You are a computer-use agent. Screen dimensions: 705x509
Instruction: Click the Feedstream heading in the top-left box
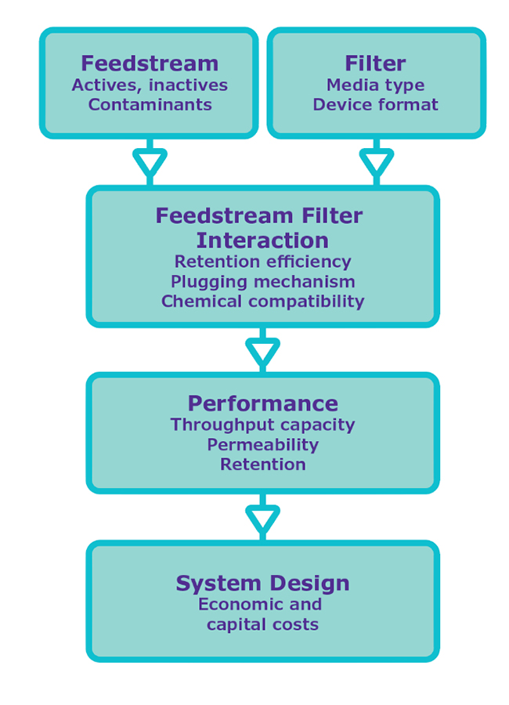pyautogui.click(x=150, y=63)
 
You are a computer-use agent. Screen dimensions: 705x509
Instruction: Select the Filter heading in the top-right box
pyautogui.click(x=375, y=63)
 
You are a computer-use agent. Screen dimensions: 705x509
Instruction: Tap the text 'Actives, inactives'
pyautogui.click(x=150, y=85)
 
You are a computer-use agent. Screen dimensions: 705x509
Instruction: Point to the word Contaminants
pyautogui.click(x=150, y=105)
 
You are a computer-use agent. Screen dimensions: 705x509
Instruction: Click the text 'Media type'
pyautogui.click(x=375, y=85)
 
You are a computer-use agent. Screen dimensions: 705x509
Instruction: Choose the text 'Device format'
pyautogui.click(x=375, y=105)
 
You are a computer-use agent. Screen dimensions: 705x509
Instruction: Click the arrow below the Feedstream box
pyautogui.click(x=150, y=162)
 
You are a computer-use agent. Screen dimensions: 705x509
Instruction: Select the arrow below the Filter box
pyautogui.click(x=376, y=162)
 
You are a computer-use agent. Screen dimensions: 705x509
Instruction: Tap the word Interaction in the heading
pyautogui.click(x=262, y=240)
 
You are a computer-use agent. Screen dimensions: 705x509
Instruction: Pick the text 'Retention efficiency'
pyautogui.click(x=262, y=262)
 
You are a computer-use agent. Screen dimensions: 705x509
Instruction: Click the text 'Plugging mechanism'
pyautogui.click(x=262, y=282)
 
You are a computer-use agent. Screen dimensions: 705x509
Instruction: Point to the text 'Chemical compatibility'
pyautogui.click(x=262, y=302)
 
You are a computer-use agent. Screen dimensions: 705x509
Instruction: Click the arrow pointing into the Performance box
pyautogui.click(x=262, y=352)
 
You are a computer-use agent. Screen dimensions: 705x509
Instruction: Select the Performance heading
pyautogui.click(x=262, y=404)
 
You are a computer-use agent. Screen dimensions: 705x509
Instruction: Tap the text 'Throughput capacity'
pyautogui.click(x=262, y=425)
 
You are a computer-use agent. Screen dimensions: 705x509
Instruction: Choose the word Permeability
pyautogui.click(x=262, y=445)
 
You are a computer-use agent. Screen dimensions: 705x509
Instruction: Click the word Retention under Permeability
pyautogui.click(x=262, y=465)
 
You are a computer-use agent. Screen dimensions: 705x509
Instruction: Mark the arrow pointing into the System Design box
pyautogui.click(x=262, y=519)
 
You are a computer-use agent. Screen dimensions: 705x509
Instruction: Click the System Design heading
pyautogui.click(x=262, y=584)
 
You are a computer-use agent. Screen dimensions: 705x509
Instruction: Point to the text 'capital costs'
pyautogui.click(x=262, y=625)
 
